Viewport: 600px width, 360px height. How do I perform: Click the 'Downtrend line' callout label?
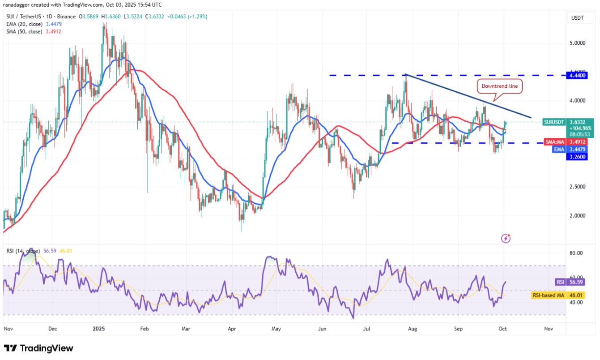(x=500, y=86)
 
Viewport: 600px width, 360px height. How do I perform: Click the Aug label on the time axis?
(x=413, y=328)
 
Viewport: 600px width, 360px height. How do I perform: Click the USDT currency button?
(x=578, y=18)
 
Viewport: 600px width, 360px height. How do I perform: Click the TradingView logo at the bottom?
(x=38, y=348)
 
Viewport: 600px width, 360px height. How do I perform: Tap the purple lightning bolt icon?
(x=506, y=238)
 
